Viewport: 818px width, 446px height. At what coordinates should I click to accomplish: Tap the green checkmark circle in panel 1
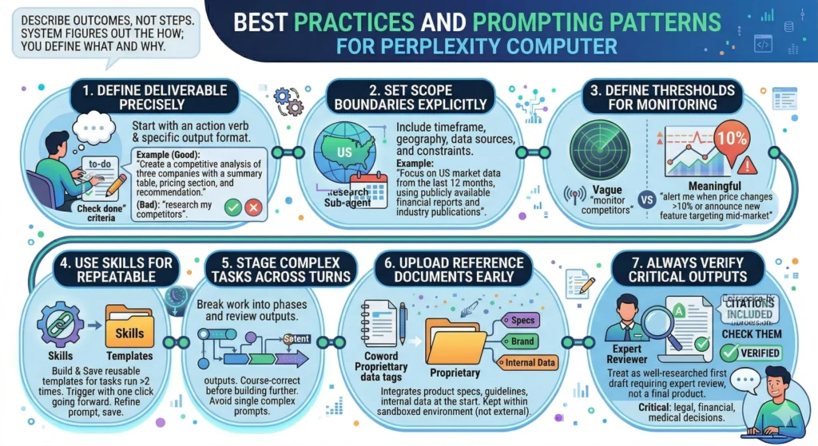click(233, 207)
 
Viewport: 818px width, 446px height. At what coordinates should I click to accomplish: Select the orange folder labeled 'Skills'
click(129, 327)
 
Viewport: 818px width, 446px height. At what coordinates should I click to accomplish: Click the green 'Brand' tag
click(522, 342)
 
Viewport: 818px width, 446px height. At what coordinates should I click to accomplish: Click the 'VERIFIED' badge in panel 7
click(752, 353)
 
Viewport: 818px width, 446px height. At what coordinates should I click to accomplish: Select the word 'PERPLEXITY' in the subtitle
click(456, 44)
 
